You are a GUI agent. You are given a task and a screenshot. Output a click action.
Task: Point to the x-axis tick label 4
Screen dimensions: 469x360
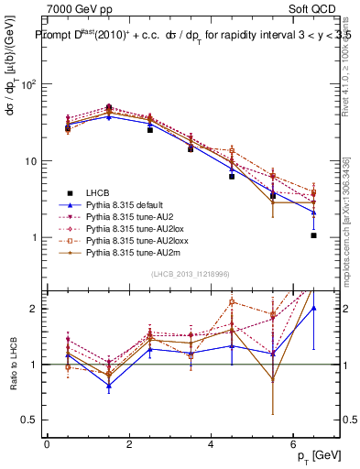click(x=211, y=444)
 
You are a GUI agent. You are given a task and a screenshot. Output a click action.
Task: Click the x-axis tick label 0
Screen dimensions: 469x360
click(x=47, y=444)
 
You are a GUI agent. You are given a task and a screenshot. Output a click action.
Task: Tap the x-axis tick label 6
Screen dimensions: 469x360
click(x=292, y=444)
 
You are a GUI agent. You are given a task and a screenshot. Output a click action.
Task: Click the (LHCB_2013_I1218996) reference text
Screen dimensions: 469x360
click(x=190, y=275)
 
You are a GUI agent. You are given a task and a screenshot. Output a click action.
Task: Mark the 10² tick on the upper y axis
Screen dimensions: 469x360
click(x=27, y=84)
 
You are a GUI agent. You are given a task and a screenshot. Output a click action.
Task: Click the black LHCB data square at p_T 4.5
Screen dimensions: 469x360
click(x=232, y=176)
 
